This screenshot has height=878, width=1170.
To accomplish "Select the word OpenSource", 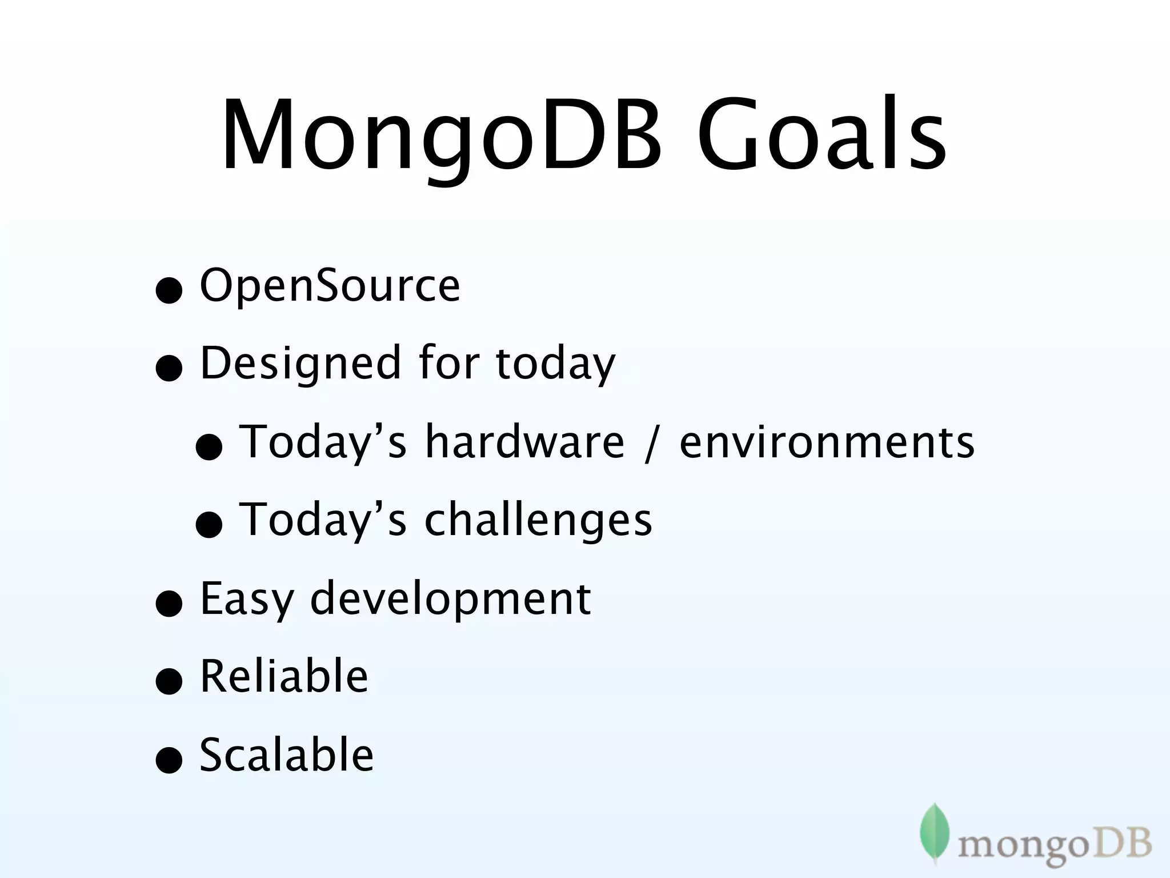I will click(x=330, y=285).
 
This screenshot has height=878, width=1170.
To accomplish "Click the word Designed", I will click(x=300, y=364).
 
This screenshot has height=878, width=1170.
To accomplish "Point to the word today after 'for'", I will click(x=555, y=364).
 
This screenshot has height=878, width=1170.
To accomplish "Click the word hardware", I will click(x=524, y=442).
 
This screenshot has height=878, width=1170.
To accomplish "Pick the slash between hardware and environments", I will click(x=651, y=443).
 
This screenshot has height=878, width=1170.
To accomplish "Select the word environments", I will click(x=827, y=442).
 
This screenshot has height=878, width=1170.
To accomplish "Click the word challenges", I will click(x=538, y=520).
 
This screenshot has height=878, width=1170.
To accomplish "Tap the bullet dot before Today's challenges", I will click(x=209, y=524).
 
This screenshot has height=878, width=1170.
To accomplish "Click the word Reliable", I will click(x=284, y=676).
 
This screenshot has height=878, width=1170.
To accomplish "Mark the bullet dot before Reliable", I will click(x=169, y=681).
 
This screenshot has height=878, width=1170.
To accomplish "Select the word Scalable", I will click(x=286, y=755).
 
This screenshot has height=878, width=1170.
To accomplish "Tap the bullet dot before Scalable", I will click(x=169, y=760).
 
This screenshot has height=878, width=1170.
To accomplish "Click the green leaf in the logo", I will click(x=935, y=832).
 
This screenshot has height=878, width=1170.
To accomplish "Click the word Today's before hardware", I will click(x=323, y=442).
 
